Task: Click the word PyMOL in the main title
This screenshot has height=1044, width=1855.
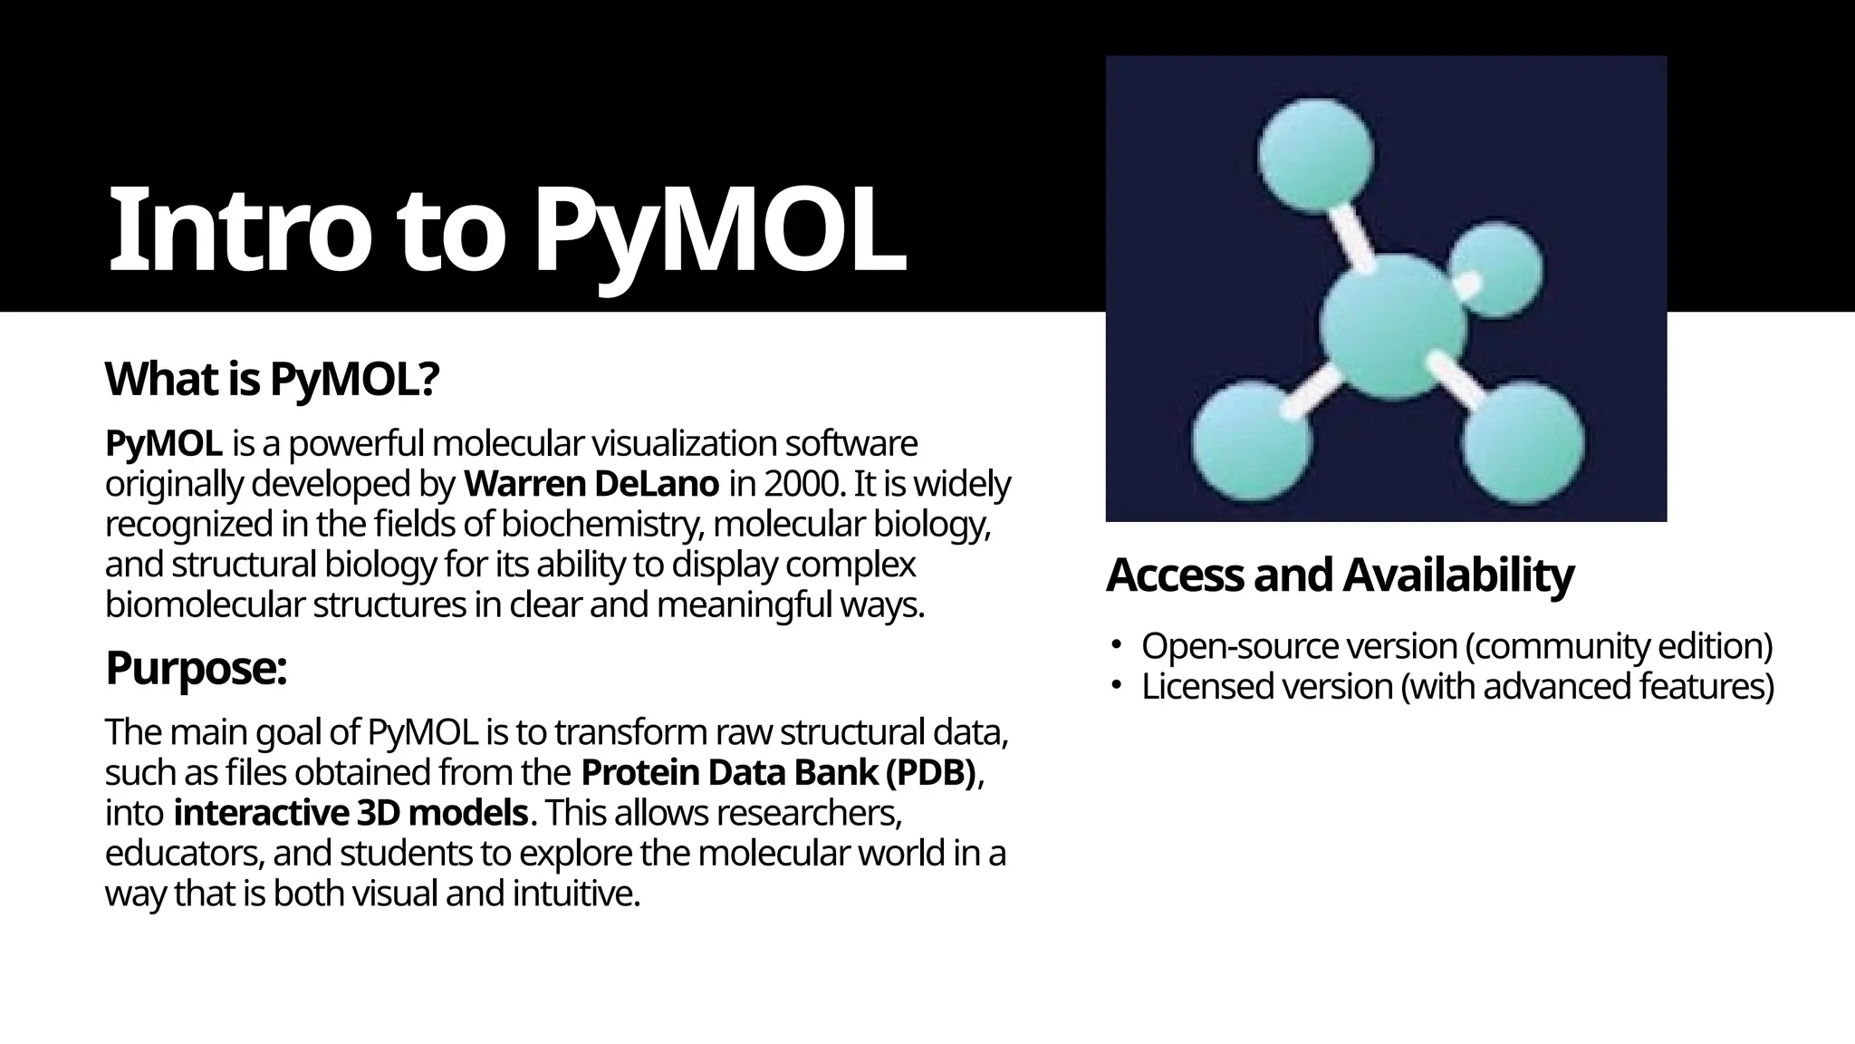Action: click(720, 231)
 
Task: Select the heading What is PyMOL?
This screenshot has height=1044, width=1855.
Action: click(272, 380)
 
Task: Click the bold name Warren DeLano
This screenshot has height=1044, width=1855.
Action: click(591, 485)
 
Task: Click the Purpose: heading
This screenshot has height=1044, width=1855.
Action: click(196, 669)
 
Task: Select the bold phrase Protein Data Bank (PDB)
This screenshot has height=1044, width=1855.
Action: click(779, 773)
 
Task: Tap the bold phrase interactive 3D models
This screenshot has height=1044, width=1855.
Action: click(351, 813)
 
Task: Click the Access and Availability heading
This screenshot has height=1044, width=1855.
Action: click(1340, 575)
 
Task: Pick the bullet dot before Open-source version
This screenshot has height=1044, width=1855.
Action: click(1118, 645)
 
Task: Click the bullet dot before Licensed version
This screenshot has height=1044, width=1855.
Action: click(1118, 685)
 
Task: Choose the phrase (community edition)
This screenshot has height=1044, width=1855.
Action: click(1618, 646)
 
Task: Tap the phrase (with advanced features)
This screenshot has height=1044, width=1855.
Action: click(1587, 687)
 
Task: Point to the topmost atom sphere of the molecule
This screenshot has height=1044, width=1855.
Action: click(1316, 154)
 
